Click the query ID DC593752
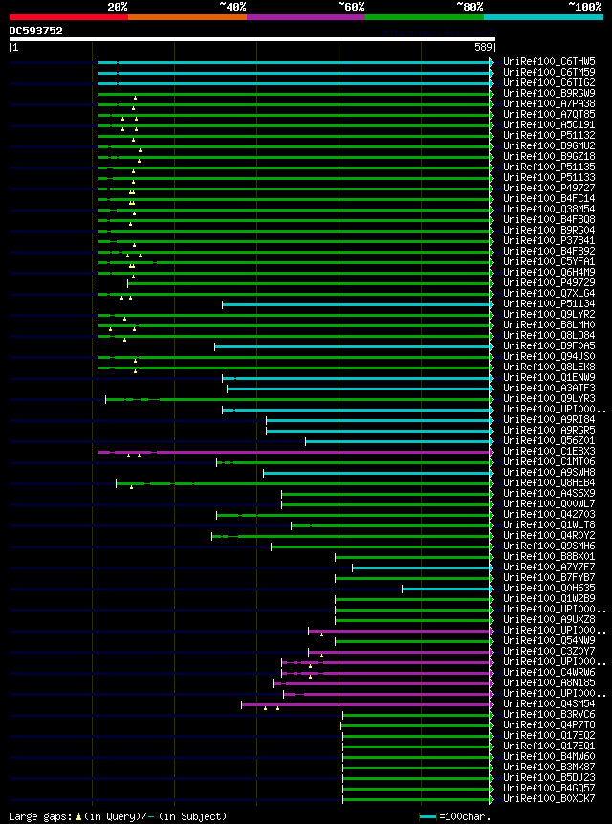[x=36, y=31]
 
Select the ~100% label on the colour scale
[x=585, y=7]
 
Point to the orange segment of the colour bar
[x=186, y=17]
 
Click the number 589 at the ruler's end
[x=483, y=46]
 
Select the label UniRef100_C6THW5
[x=550, y=61]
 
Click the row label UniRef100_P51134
[x=550, y=303]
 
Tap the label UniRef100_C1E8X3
[x=550, y=451]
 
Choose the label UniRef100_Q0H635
[x=550, y=588]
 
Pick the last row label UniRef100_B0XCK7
[x=550, y=798]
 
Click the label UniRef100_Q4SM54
[x=550, y=703]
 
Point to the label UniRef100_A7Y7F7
[x=550, y=567]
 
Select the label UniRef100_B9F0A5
[x=550, y=345]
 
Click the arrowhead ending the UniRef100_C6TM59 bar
[x=492, y=72]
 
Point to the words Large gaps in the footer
[x=34, y=816]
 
